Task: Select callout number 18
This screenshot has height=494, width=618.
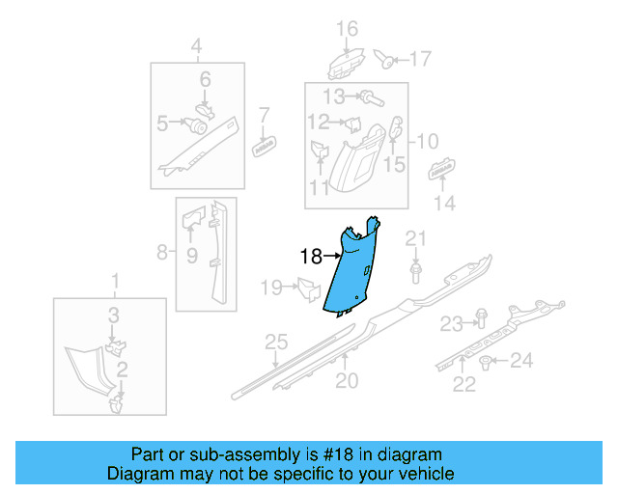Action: [x=311, y=257]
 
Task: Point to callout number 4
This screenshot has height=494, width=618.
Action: [x=197, y=45]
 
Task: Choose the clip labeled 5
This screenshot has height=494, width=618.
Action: [x=199, y=124]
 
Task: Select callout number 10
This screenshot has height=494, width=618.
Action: [x=428, y=141]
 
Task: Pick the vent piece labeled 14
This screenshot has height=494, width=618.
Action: [x=442, y=171]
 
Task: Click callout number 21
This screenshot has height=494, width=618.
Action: [x=415, y=239]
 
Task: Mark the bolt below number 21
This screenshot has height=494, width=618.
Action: [x=415, y=274]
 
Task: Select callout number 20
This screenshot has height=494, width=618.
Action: [x=347, y=380]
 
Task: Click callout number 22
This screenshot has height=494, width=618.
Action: [x=464, y=385]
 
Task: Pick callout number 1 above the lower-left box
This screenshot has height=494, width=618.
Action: [x=117, y=282]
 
